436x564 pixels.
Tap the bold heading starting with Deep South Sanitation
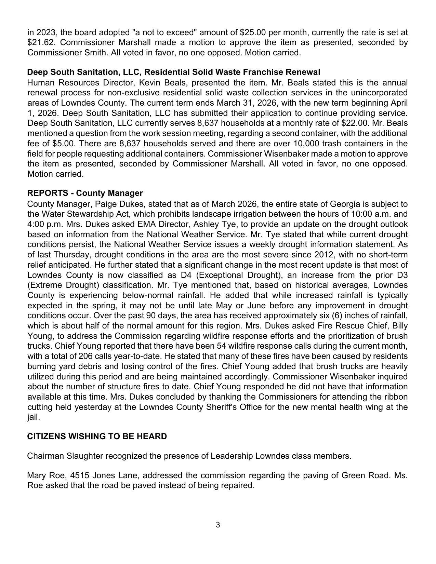173,72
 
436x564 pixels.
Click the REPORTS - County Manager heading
85,193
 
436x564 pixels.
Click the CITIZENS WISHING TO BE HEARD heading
97,437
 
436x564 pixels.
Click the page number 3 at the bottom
218,525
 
